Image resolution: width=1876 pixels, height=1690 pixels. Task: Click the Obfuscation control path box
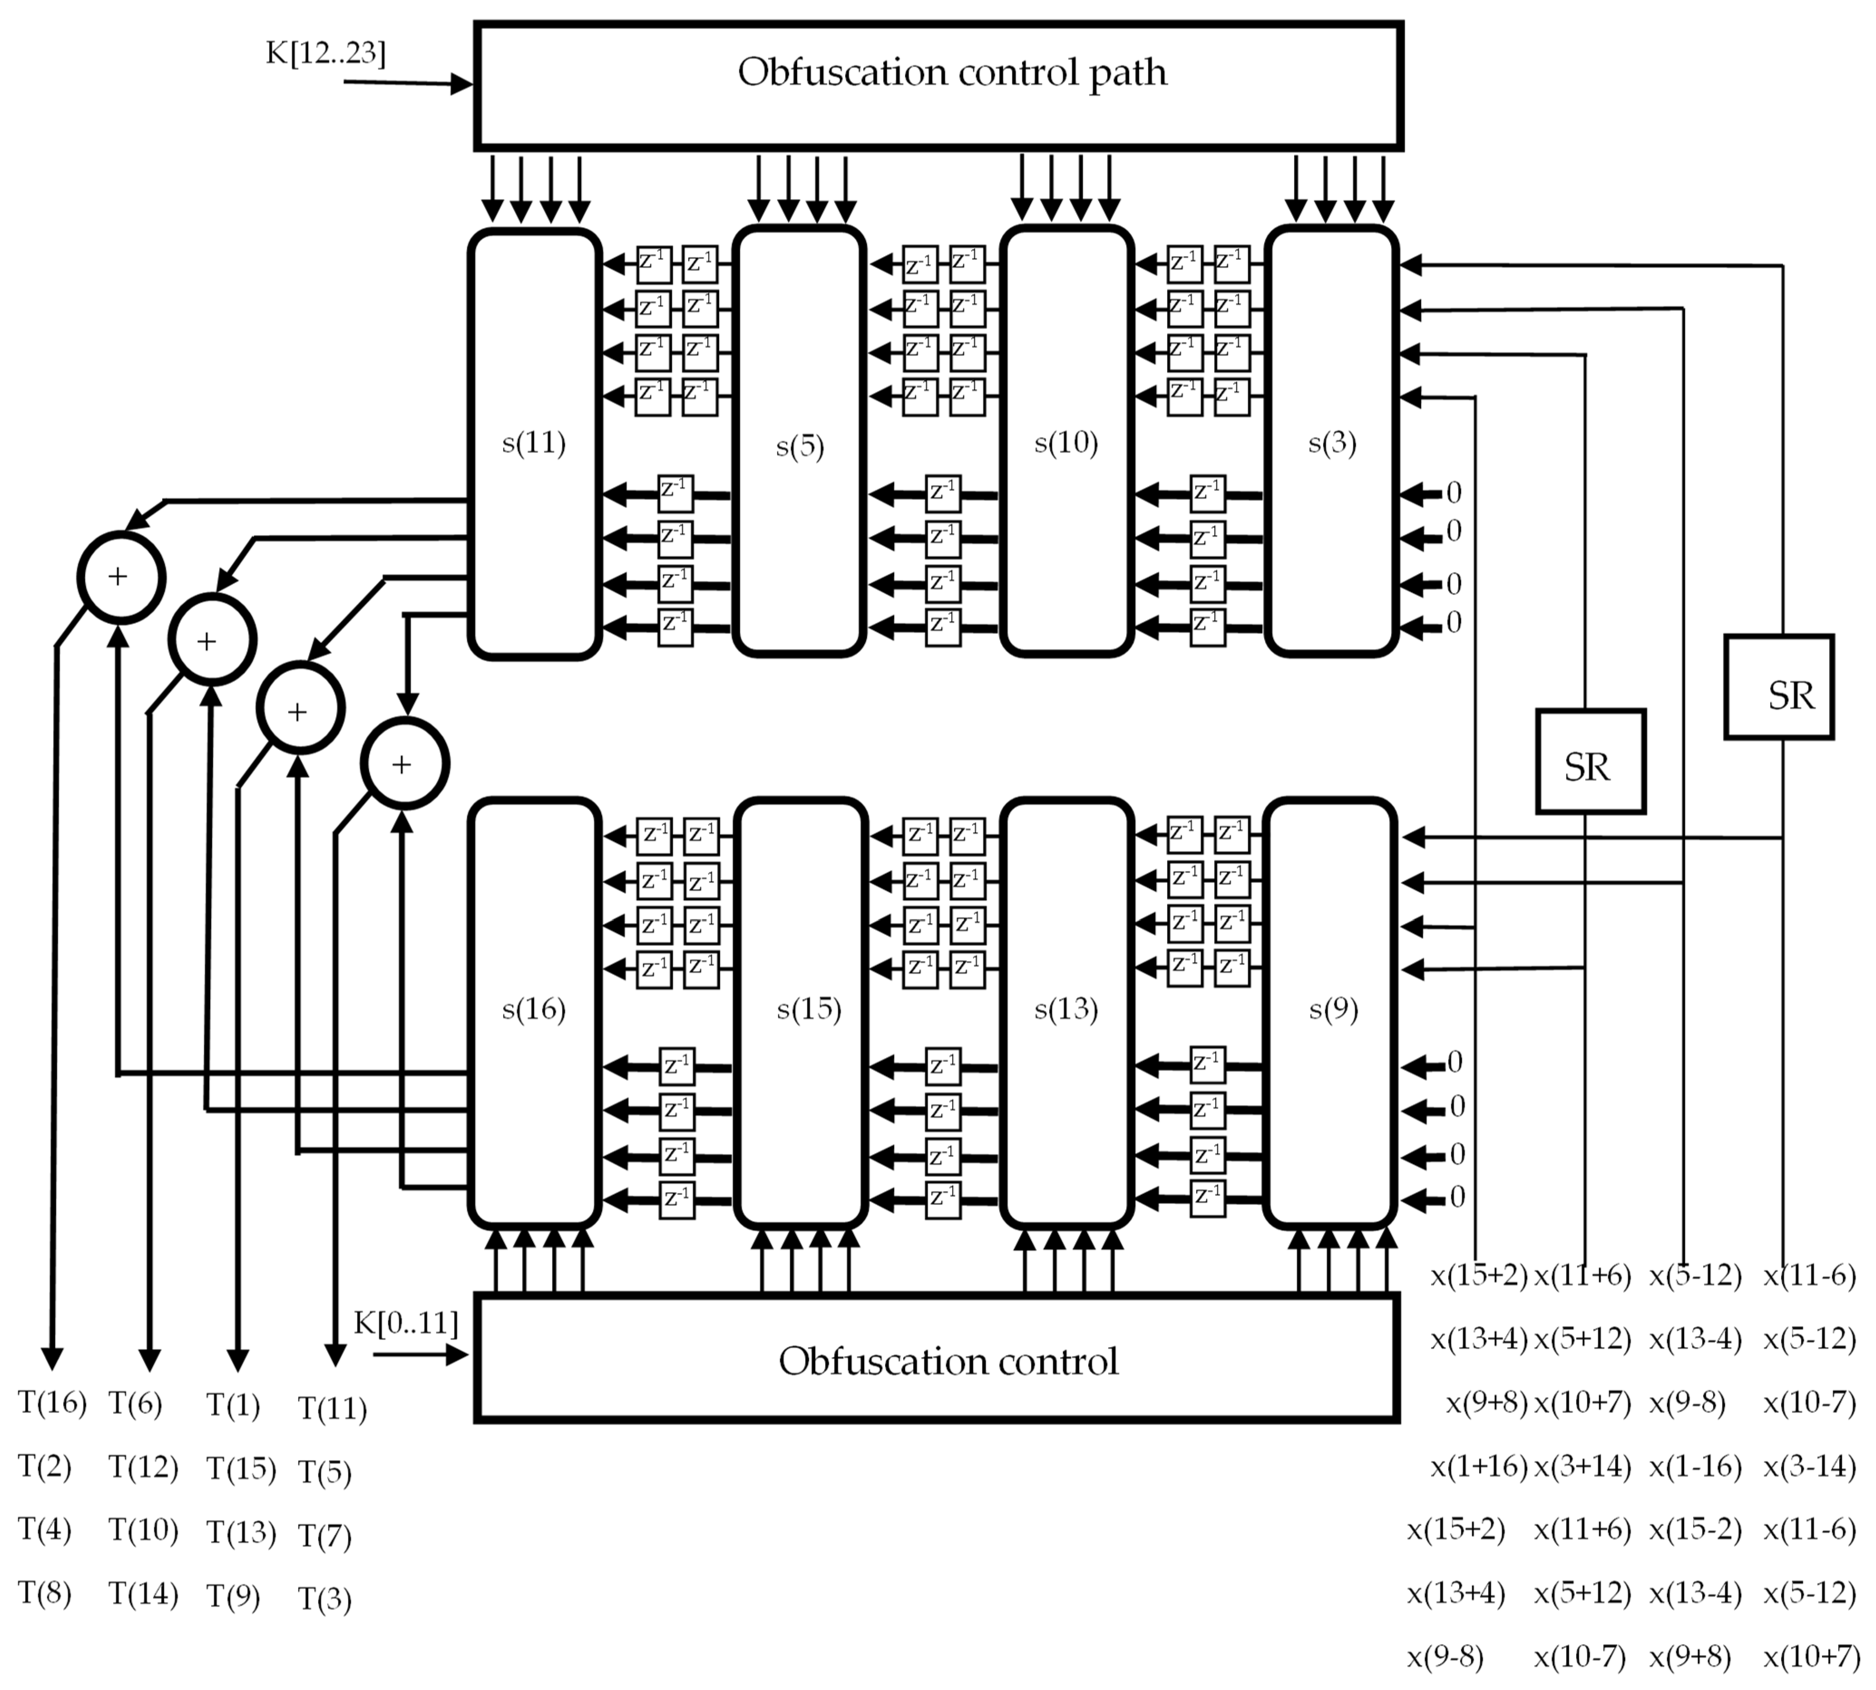pyautogui.click(x=938, y=85)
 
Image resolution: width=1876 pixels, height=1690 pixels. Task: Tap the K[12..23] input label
pyautogui.click(x=325, y=53)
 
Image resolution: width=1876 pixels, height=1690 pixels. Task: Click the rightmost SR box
pyautogui.click(x=1779, y=687)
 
